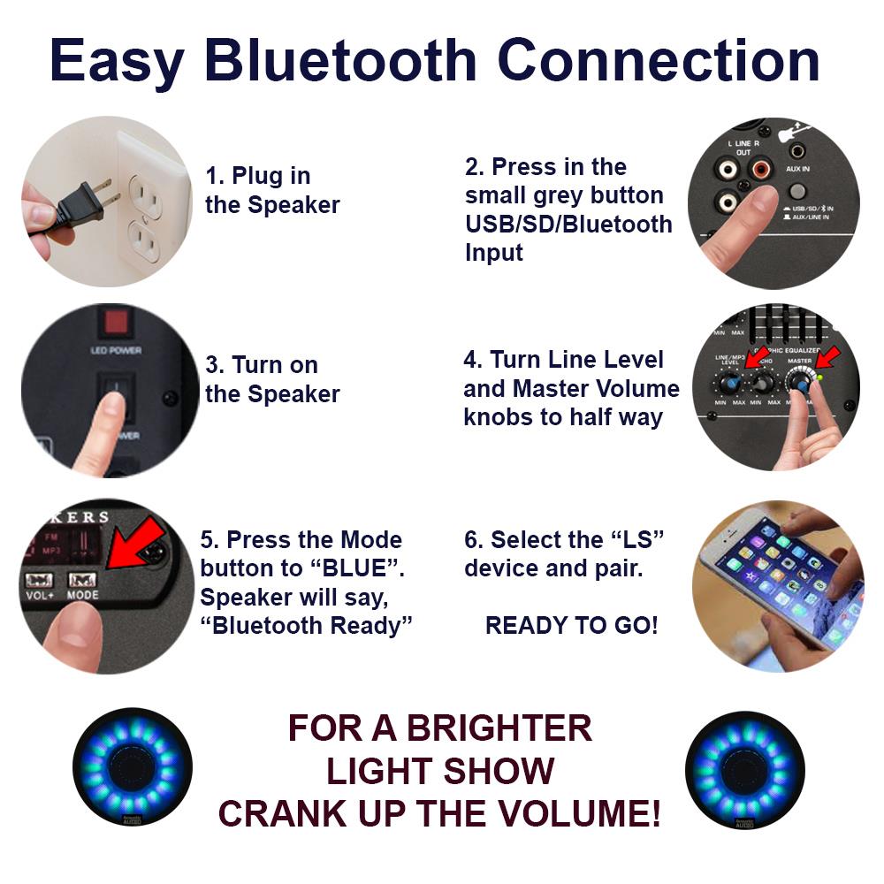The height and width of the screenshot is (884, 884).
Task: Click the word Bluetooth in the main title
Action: coord(341,61)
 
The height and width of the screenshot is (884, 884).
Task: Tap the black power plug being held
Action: coord(75,204)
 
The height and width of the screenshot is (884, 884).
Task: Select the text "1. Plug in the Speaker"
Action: coord(272,190)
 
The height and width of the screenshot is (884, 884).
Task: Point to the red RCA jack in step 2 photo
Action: coord(764,168)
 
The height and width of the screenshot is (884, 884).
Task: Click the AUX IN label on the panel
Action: coord(797,168)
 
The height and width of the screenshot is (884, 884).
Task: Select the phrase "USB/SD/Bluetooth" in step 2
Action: coord(568,224)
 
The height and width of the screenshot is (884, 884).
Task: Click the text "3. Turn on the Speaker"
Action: coord(272,379)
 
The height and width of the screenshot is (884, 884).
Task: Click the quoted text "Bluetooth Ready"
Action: coord(306,626)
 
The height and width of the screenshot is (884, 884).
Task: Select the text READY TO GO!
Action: coord(571,626)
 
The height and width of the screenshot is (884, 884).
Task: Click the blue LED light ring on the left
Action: coord(133,765)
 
